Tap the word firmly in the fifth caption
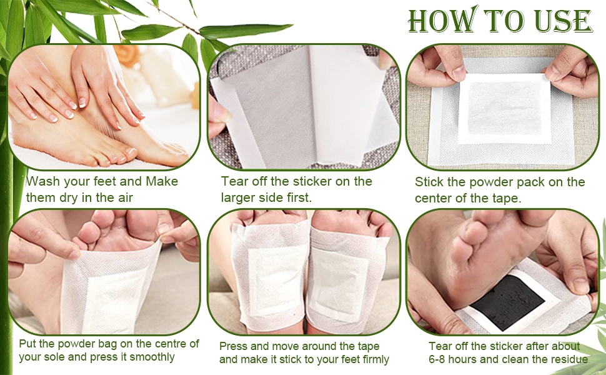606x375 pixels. pyautogui.click(x=375, y=359)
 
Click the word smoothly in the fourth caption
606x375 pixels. pyautogui.click(x=152, y=357)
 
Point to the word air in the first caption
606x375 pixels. pyautogui.click(x=124, y=197)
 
